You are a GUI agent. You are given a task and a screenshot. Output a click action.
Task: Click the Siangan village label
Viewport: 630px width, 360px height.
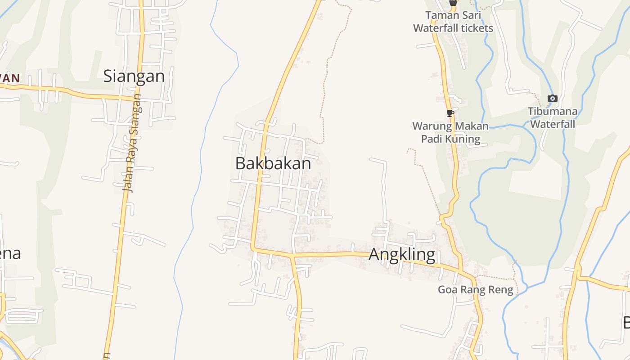134,76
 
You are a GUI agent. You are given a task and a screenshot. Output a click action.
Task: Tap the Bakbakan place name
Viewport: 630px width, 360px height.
273,163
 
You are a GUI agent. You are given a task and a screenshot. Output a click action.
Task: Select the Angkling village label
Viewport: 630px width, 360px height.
402,255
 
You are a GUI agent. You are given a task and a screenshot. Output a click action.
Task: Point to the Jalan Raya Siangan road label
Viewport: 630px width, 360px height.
132,144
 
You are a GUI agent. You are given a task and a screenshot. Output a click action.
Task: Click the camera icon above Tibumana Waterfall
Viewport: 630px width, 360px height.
552,98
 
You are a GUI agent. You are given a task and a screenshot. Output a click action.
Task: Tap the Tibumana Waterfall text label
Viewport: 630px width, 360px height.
553,117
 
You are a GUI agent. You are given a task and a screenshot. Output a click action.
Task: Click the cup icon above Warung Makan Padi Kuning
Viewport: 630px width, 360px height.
450,113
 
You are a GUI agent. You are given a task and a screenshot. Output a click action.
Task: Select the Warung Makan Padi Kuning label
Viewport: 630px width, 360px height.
450,132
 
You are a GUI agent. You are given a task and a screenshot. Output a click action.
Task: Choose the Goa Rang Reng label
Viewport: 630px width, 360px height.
476,289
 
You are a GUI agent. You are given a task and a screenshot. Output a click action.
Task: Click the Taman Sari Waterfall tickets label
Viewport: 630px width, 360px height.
453,22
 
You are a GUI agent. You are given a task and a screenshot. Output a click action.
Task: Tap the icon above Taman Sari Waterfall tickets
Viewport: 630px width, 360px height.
453,3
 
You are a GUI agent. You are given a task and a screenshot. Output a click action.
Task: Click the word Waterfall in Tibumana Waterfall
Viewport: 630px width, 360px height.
553,124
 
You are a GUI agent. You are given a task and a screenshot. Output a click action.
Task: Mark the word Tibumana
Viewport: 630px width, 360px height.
553,111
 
